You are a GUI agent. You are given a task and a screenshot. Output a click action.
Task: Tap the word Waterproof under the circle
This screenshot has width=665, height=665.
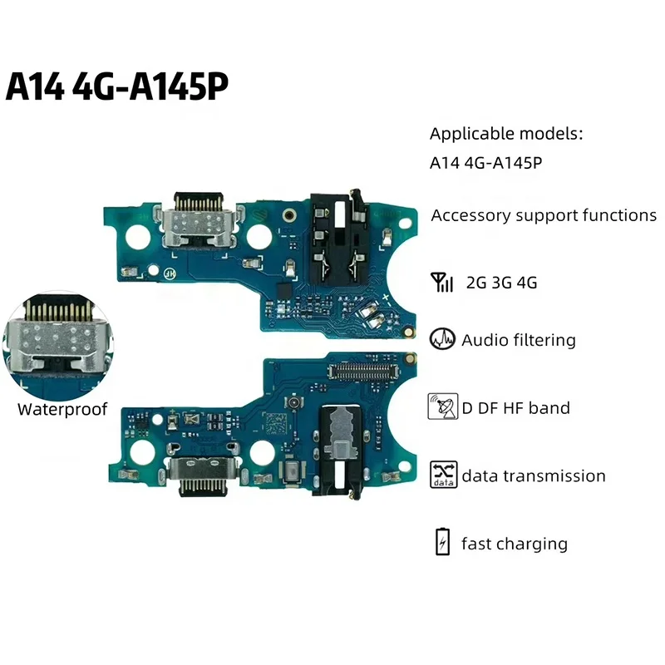coord(62,409)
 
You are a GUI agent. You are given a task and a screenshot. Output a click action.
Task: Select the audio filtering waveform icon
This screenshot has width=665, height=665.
coord(441,339)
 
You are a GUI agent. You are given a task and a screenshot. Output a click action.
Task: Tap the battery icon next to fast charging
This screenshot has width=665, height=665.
coord(441,544)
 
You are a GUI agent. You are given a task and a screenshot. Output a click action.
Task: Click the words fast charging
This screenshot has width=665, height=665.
coord(515,544)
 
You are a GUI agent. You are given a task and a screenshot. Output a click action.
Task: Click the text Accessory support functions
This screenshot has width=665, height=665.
coord(544,215)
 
